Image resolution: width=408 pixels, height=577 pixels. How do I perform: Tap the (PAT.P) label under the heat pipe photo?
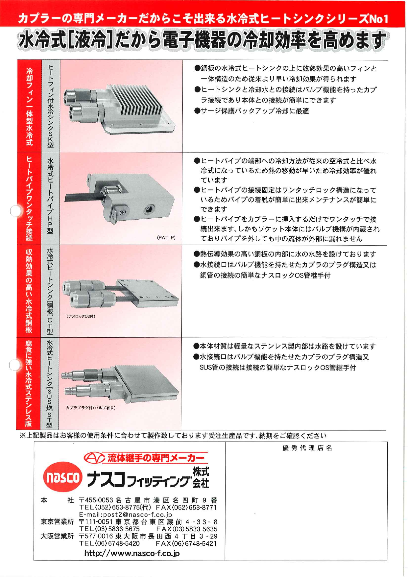click(x=166, y=237)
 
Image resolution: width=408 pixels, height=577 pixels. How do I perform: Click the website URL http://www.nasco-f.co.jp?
click(x=132, y=553)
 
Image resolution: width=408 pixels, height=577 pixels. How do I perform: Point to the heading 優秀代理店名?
click(x=307, y=448)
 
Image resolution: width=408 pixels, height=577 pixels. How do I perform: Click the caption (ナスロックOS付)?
click(x=81, y=316)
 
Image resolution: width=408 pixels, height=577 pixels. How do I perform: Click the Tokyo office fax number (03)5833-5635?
click(x=187, y=529)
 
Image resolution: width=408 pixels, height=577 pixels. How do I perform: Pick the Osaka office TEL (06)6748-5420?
click(x=109, y=543)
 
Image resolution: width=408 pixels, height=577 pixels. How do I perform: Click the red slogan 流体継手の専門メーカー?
click(x=156, y=458)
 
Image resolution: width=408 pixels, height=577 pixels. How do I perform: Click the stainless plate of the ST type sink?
click(x=148, y=381)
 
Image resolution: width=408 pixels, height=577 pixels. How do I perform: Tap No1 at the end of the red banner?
click(x=378, y=19)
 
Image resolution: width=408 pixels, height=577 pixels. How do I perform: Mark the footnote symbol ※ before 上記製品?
click(x=22, y=436)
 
